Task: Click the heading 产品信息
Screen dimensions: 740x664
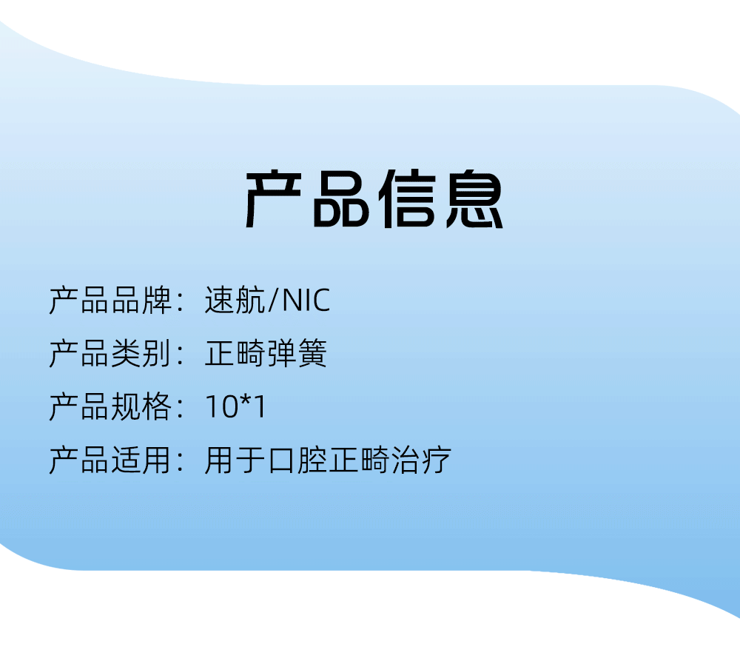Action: point(374,199)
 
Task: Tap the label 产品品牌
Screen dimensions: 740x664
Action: point(110,300)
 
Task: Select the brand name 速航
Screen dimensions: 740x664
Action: point(235,300)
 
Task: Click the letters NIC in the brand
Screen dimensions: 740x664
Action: point(306,301)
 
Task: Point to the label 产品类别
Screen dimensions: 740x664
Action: point(110,353)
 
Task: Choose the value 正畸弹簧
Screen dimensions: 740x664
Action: point(266,353)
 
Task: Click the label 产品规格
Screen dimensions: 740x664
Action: point(110,406)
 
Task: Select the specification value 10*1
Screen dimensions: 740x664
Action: point(235,406)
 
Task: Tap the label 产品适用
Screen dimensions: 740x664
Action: point(110,460)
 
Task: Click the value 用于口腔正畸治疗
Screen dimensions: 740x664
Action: point(328,460)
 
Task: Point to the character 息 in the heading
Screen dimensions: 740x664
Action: point(475,199)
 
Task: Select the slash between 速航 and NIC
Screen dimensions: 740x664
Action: point(273,301)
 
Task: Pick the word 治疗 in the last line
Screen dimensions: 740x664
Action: point(421,460)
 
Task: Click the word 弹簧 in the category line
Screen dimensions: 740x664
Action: point(297,353)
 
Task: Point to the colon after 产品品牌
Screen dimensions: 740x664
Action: point(180,301)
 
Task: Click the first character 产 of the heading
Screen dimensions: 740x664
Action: point(273,199)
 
